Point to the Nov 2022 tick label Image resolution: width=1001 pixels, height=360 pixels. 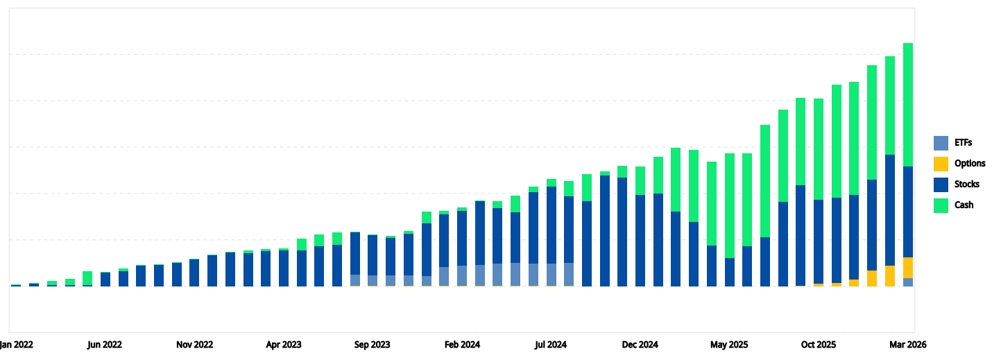coord(194,345)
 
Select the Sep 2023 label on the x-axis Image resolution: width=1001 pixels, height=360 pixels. coord(373,345)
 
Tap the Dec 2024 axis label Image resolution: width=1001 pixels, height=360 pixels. coord(640,345)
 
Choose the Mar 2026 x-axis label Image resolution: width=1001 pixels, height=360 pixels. coord(907,345)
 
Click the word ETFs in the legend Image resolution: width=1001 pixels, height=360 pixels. coord(964,143)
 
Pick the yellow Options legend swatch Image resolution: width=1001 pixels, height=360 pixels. coord(941,164)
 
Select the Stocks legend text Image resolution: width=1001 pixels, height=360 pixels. coord(967,185)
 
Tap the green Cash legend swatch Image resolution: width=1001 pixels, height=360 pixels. coord(941,205)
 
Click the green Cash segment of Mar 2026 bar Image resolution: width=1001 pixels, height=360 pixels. coord(907,104)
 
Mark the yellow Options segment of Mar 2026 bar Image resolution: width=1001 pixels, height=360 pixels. coord(907,268)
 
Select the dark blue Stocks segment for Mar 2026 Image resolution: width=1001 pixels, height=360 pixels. coord(907,212)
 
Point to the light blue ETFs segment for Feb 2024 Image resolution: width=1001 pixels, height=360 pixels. coord(462,275)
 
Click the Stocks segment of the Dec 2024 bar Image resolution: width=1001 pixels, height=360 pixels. coord(640,240)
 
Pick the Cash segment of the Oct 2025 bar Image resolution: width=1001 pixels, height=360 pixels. coord(819,148)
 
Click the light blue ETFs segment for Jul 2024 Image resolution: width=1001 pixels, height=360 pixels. coord(551,274)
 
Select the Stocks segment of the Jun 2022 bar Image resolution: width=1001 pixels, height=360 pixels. coord(105,280)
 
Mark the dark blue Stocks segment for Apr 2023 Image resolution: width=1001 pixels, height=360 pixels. coord(284,268)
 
